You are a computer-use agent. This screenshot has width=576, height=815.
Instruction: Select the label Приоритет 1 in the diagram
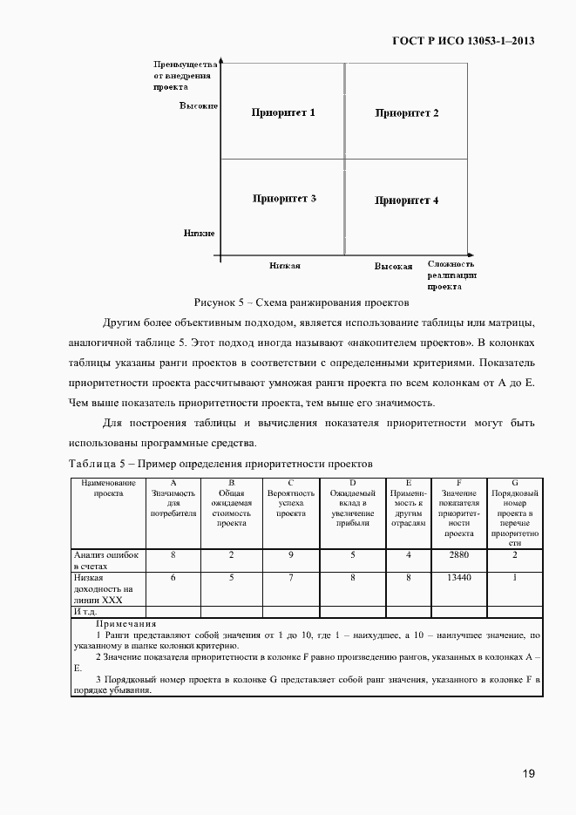(x=284, y=113)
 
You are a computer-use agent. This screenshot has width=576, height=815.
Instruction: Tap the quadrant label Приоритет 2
(x=407, y=113)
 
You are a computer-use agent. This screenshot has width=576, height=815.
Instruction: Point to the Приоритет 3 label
(x=284, y=199)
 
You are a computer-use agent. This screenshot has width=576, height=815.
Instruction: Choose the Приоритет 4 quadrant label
(x=407, y=200)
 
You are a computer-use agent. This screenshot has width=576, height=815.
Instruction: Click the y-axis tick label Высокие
(x=199, y=105)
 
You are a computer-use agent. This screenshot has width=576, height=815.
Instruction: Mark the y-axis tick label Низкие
(x=200, y=233)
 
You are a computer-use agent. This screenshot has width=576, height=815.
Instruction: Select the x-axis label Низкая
(x=285, y=265)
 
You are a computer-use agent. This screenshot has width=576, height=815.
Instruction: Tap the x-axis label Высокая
(x=393, y=266)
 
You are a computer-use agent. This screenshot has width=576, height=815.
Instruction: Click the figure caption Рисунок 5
(x=302, y=302)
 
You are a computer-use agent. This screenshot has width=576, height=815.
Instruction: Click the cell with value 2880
(x=458, y=554)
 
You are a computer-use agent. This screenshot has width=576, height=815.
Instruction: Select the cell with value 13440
(x=458, y=577)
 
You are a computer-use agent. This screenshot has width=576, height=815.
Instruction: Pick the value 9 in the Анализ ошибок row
(x=290, y=554)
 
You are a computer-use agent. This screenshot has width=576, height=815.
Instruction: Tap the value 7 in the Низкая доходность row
(x=290, y=577)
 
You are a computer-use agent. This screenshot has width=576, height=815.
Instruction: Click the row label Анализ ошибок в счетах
(x=105, y=560)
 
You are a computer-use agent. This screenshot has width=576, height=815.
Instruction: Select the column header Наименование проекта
(x=107, y=486)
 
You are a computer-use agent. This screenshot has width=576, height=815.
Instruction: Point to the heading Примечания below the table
(x=125, y=624)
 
